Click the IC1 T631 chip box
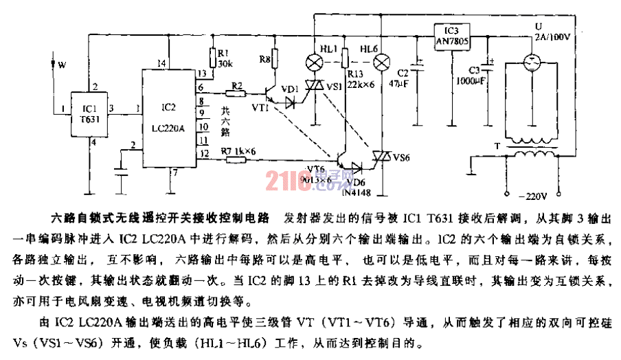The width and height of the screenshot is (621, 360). [x=89, y=113]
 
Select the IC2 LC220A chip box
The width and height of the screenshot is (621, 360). [x=168, y=117]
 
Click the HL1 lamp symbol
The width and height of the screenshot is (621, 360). [x=315, y=62]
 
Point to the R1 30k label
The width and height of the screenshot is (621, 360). [x=224, y=58]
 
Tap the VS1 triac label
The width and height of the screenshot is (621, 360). [x=335, y=87]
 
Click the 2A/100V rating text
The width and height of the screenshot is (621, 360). [x=550, y=38]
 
